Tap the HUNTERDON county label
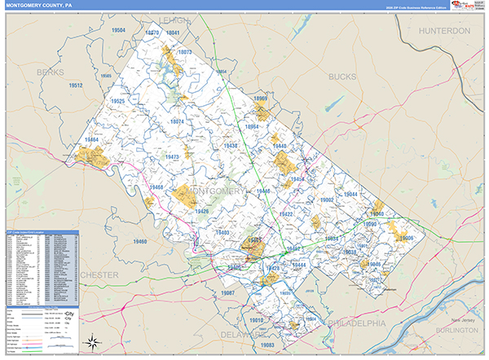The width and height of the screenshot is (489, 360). (444, 31)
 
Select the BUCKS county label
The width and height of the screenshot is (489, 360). (342, 77)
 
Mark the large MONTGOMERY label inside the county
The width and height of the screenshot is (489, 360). (217, 191)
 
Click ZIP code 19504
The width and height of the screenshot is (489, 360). (119, 29)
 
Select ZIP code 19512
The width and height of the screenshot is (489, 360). (76, 85)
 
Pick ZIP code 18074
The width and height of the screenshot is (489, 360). (176, 121)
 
